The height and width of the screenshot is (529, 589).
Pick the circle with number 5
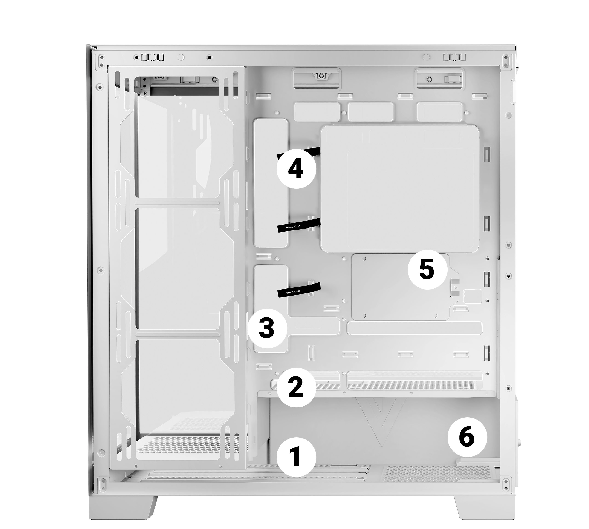click(427, 270)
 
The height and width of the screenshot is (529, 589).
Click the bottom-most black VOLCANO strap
click(299, 290)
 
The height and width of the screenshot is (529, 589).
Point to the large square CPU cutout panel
click(400, 188)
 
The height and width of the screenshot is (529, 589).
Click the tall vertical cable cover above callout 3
click(271, 183)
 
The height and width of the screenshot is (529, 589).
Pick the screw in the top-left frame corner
click(101, 61)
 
